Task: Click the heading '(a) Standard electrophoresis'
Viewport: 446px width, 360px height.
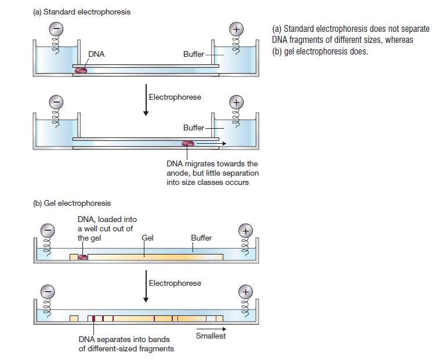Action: (82, 12)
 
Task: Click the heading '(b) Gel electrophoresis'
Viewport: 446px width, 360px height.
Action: (72, 203)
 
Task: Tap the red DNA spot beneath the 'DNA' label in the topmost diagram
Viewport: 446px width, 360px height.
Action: (81, 70)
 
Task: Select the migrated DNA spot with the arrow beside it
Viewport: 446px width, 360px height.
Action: (188, 144)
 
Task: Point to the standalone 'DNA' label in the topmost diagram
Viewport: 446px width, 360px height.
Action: (96, 54)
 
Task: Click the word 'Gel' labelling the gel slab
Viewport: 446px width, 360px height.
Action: (147, 238)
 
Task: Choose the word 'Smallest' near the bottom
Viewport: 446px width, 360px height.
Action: (211, 336)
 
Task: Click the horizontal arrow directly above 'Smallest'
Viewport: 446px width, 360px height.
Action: (211, 329)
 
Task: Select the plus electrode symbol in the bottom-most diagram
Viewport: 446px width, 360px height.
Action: (246, 292)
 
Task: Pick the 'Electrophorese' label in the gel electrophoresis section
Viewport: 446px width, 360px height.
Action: (175, 283)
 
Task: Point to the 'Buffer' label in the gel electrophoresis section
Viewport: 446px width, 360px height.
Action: (201, 238)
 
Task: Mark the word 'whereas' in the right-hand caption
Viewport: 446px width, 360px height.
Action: (399, 40)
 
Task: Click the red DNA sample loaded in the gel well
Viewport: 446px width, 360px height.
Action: (83, 256)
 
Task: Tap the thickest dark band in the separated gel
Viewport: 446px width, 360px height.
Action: (93, 318)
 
